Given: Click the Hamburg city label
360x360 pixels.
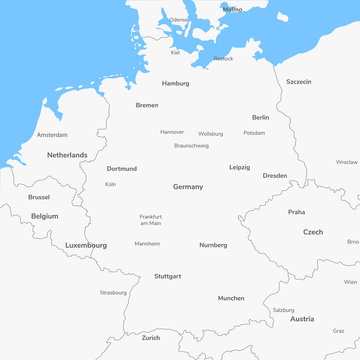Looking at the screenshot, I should [x=175, y=83].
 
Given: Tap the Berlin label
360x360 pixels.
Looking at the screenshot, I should [x=260, y=117].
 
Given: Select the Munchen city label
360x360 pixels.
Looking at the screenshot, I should [x=231, y=298].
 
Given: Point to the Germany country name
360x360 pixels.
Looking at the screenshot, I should [x=188, y=187].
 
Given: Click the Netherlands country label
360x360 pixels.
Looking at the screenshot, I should [x=67, y=155].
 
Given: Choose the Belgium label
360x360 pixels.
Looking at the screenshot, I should [x=44, y=216].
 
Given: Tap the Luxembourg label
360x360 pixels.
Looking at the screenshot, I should [x=86, y=245].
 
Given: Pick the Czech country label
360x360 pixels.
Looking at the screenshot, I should [x=313, y=231].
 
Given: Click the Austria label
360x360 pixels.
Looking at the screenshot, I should [x=302, y=319].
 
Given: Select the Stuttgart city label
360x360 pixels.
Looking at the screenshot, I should [x=167, y=276].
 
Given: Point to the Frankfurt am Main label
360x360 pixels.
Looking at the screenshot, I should [x=150, y=220].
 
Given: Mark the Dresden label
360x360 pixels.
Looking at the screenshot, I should [x=274, y=175].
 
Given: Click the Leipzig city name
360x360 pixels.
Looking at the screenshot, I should [x=239, y=167].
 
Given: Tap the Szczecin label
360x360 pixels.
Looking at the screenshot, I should [x=298, y=81].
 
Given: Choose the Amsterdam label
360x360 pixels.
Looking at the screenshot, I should [x=52, y=134].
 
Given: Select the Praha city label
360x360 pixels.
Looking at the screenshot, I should [x=296, y=212].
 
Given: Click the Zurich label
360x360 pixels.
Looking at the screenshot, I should [x=150, y=338].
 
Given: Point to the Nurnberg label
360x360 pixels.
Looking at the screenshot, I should [x=213, y=245].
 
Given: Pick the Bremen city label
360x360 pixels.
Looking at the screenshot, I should [x=147, y=105].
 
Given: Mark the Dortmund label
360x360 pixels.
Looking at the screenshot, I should [x=122, y=169].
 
